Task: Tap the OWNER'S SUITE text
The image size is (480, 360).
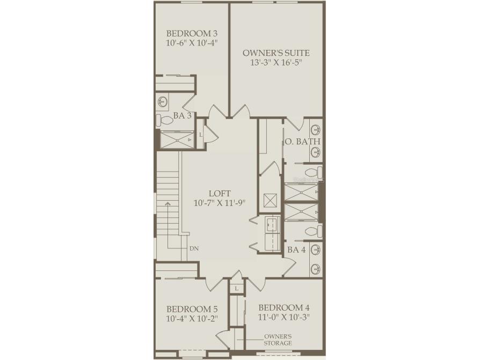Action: coord(276,53)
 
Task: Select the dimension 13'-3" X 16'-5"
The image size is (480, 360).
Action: coord(276,62)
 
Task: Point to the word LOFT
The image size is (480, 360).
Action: coord(220,193)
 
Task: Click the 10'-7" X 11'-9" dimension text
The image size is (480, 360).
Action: coord(220,203)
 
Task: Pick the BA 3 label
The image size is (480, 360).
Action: coord(183,116)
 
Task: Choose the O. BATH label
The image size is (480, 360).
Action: coord(302,142)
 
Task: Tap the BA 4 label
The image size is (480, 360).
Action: coord(296,249)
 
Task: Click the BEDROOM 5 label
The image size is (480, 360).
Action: coord(192,309)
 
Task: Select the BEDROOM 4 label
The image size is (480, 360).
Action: coord(284,307)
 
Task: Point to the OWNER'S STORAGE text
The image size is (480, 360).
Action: coord(278,340)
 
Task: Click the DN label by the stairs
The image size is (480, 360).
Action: coord(194,248)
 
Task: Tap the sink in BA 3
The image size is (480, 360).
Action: coord(163,100)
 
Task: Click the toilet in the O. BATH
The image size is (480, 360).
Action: coord(318,172)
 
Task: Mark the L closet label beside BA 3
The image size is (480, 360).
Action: coord(201,134)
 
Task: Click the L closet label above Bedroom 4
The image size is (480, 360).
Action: coord(236,289)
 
